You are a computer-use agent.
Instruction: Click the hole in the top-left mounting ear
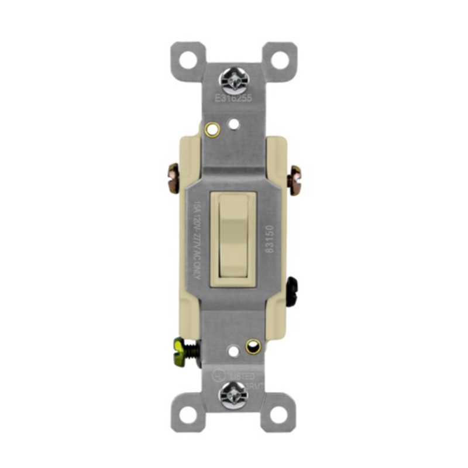pyautogui.click(x=188, y=58)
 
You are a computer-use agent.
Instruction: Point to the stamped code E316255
pyautogui.click(x=233, y=98)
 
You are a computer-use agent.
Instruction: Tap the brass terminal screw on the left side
pyautogui.click(x=174, y=179)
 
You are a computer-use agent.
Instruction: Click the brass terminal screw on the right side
pyautogui.click(x=295, y=180)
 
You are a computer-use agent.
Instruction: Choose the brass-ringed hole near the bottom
pyautogui.click(x=253, y=346)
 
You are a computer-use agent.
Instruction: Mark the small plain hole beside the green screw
pyautogui.click(x=233, y=352)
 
